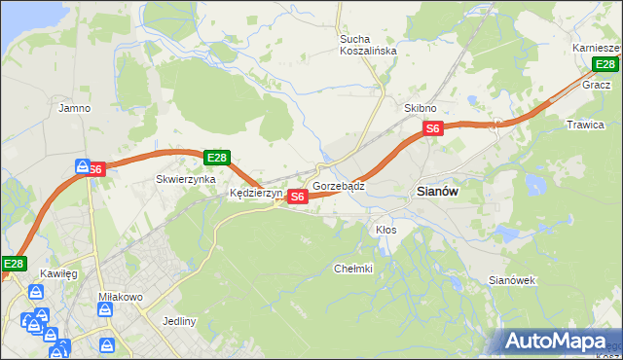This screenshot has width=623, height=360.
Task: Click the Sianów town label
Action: click(x=437, y=192)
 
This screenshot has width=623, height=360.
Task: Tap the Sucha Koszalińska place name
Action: click(x=368, y=46)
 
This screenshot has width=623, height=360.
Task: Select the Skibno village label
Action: click(x=420, y=108)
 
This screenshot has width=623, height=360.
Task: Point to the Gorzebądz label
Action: click(x=339, y=185)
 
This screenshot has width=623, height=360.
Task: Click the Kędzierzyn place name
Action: click(x=256, y=194)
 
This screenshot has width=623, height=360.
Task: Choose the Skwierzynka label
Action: click(x=185, y=179)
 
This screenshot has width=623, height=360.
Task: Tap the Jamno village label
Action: click(x=75, y=108)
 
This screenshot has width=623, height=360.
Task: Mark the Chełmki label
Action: click(x=353, y=269)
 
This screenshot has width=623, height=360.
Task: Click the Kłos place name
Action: click(x=385, y=230)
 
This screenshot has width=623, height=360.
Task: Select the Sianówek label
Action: click(x=512, y=280)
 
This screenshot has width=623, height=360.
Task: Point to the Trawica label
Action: click(x=585, y=125)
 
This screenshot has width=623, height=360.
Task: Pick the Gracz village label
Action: click(x=596, y=85)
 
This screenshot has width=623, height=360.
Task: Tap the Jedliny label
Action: click(x=180, y=321)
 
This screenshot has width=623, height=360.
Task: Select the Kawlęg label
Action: click(x=58, y=274)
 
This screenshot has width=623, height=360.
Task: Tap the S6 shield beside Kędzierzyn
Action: click(x=298, y=197)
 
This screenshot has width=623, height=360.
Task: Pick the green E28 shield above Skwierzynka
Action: click(x=217, y=158)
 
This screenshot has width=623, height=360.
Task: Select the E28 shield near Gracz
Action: click(x=606, y=65)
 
